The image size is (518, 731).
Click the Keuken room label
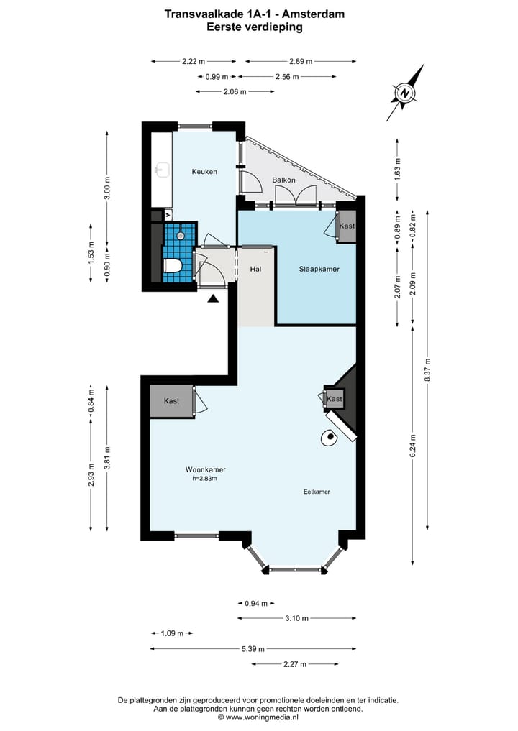pos(204,172)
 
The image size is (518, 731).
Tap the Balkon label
pos(283,180)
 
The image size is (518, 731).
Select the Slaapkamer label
pos(319,269)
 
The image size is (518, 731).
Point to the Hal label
pos(255,269)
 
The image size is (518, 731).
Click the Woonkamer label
pos(206,470)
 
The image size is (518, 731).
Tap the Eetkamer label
pos(317,492)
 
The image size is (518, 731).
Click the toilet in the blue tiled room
pos(172,266)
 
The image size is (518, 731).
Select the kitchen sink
pos(163,170)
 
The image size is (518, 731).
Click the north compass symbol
pos(405,93)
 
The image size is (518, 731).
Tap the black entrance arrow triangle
pos(213,299)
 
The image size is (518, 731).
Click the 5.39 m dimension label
pos(253,648)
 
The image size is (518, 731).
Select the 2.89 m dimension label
pos(301,61)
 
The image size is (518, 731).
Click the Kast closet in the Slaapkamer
pos(346,226)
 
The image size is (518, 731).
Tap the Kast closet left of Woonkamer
pos(171,401)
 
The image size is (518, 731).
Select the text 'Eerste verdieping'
pos(255,27)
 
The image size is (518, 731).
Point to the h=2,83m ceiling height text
pos(204,478)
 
